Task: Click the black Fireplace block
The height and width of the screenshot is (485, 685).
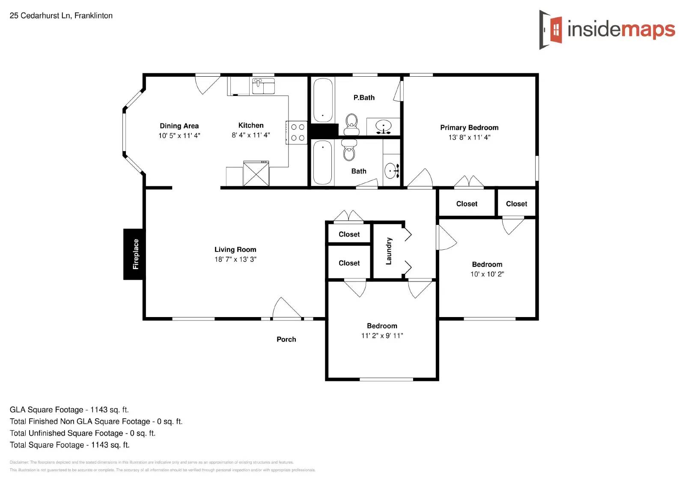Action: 134,254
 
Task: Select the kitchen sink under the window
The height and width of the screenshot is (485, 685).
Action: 263,86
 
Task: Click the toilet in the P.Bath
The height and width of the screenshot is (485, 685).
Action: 351,123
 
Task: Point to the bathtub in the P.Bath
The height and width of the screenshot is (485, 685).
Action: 323,100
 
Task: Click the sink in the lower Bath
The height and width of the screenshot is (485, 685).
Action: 391,171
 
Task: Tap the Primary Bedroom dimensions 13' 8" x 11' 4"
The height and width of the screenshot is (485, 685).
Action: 469,138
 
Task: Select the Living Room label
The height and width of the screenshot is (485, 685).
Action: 235,249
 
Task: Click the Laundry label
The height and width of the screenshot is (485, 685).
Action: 389,251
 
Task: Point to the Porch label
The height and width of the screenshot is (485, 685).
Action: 286,339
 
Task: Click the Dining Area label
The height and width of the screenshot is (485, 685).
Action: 179,126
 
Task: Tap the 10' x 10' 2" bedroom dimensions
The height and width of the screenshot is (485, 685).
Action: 487,274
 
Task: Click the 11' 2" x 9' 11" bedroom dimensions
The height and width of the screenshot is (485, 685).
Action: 382,336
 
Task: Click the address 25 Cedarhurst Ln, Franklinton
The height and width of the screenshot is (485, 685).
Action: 61,16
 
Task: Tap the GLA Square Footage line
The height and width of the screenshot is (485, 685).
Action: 69,410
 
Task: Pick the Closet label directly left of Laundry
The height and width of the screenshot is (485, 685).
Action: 349,263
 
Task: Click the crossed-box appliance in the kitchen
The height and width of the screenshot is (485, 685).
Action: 256,174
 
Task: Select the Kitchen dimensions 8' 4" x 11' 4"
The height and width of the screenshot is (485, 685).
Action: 251,135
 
